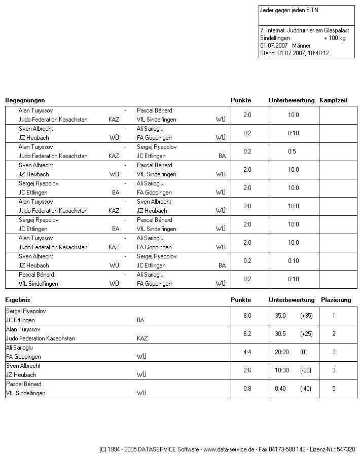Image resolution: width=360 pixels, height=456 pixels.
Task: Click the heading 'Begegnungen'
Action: pyautogui.click(x=25, y=100)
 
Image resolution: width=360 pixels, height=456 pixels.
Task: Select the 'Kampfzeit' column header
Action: pyautogui.click(x=333, y=100)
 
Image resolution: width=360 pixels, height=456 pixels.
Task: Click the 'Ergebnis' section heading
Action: pyautogui.click(x=18, y=300)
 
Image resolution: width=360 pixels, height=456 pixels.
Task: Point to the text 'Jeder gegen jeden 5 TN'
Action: pyautogui.click(x=289, y=10)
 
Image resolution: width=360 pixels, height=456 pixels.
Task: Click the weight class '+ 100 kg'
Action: pyautogui.click(x=335, y=38)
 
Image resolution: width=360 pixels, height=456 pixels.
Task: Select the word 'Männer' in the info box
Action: pyautogui.click(x=301, y=46)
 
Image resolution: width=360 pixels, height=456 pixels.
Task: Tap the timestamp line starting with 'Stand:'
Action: pyautogui.click(x=294, y=53)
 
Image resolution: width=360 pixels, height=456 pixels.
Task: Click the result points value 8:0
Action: pyautogui.click(x=247, y=316)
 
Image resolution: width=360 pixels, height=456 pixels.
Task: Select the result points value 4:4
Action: pyautogui.click(x=247, y=352)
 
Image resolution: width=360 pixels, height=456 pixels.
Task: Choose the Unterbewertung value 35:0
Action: pyautogui.click(x=280, y=316)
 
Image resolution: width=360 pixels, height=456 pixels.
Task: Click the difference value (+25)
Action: pyautogui.click(x=306, y=334)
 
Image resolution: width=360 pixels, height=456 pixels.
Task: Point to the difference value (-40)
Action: pyautogui.click(x=305, y=389)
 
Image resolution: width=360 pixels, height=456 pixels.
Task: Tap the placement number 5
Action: pyautogui.click(x=334, y=389)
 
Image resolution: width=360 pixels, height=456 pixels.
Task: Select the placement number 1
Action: pyautogui.click(x=334, y=316)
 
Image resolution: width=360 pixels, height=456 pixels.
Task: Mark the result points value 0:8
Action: pyautogui.click(x=247, y=389)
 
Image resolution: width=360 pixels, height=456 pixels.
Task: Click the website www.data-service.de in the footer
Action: pyautogui.click(x=228, y=449)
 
